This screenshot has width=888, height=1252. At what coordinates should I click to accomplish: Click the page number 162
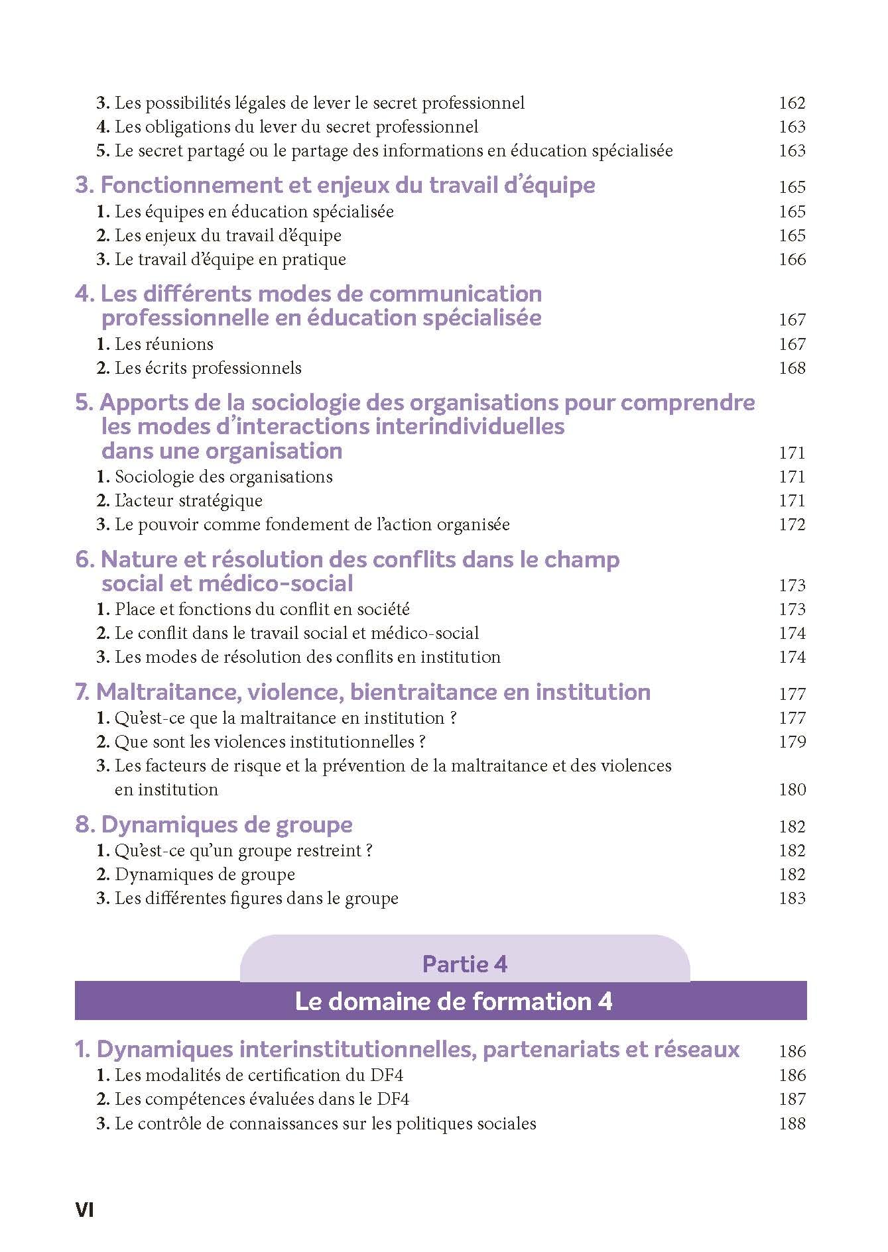click(792, 103)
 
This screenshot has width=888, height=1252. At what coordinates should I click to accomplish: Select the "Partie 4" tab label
click(464, 964)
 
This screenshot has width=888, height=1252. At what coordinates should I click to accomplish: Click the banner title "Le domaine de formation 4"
click(453, 1001)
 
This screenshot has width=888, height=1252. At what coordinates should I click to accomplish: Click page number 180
click(792, 789)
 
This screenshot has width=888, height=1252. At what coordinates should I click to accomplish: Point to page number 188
click(792, 1123)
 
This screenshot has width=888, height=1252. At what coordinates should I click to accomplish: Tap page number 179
click(792, 742)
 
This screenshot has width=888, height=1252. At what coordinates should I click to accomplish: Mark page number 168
click(792, 368)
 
